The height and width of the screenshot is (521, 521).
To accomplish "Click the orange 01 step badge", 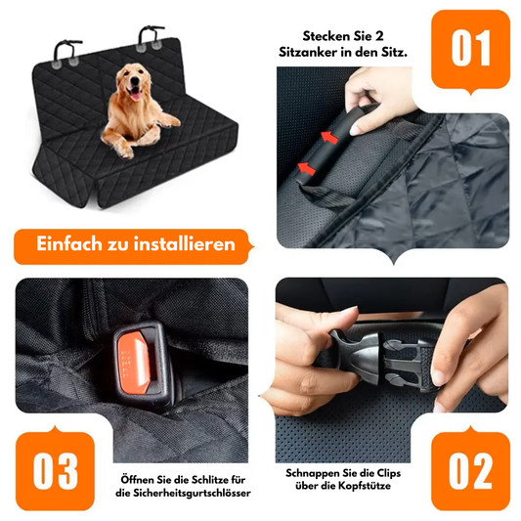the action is click(470, 50).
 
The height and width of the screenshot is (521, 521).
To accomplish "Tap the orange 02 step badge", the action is click(470, 471).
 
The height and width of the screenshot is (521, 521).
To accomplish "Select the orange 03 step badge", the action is click(55, 471).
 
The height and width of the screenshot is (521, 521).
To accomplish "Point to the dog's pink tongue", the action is click(136, 96).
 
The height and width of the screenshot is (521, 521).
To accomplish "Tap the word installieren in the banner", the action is click(185, 243).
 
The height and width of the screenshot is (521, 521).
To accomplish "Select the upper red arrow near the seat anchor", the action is click(330, 137).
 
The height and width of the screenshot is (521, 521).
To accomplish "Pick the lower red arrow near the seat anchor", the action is click(306, 168).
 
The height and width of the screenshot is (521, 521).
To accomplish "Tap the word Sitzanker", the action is click(308, 53).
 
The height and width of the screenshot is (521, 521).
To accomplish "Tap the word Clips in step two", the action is click(389, 473).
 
